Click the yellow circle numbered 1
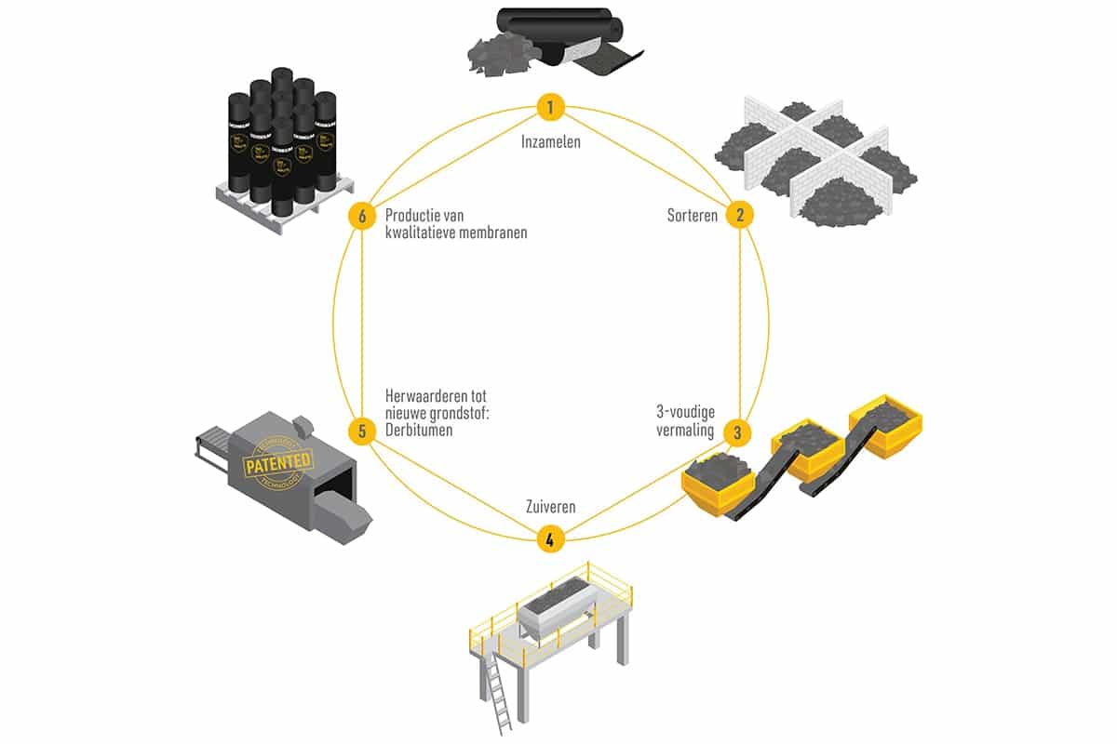(551, 108)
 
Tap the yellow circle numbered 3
(738, 432)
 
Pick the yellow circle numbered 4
(550, 538)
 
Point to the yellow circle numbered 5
(362, 432)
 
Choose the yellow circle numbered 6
(362, 216)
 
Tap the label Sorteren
(693, 216)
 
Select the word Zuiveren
(550, 508)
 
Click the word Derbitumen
(419, 432)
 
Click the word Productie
(416, 216)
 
